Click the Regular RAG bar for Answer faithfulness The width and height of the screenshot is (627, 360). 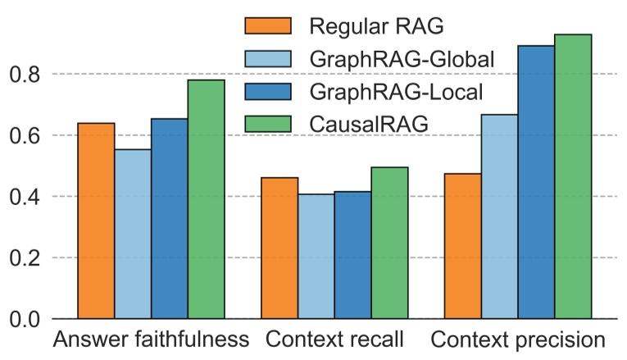(96, 221)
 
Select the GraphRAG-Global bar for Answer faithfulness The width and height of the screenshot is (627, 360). (133, 234)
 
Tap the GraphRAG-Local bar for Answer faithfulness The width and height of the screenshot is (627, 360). (170, 219)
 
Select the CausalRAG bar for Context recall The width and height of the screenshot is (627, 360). (389, 243)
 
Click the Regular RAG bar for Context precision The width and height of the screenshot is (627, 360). (463, 246)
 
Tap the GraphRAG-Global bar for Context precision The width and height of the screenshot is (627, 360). (500, 216)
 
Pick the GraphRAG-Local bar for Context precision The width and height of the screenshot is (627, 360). (536, 182)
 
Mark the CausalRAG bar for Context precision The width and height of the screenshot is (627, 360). (573, 176)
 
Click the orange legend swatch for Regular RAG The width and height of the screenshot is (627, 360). (268, 26)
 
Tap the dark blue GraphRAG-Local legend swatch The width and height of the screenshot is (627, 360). (268, 91)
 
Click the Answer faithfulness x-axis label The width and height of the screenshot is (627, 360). (150, 339)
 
